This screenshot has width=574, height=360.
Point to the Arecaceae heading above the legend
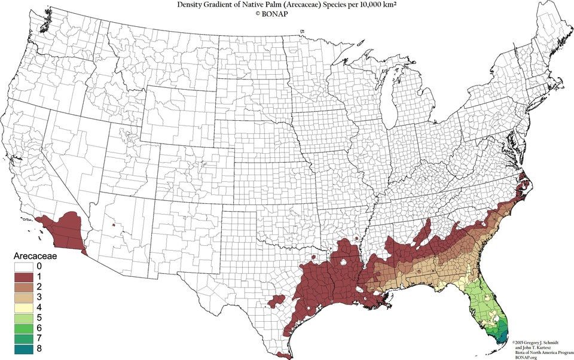(36, 255)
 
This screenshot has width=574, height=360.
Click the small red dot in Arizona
(113, 225)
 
